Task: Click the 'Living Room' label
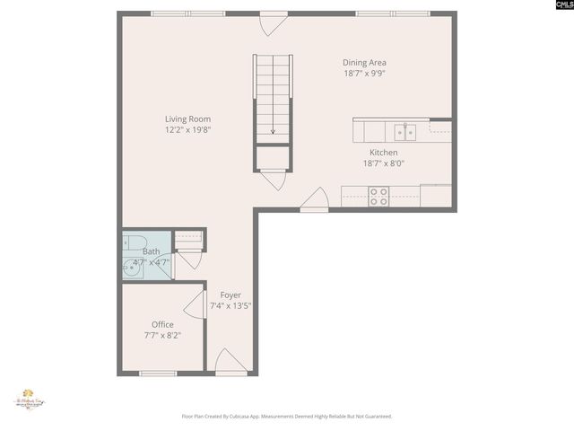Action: click(x=187, y=119)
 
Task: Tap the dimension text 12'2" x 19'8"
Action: click(x=187, y=130)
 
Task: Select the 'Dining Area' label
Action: click(x=365, y=62)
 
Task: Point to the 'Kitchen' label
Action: click(x=384, y=153)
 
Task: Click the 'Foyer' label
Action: click(x=230, y=295)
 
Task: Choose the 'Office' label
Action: click(x=162, y=324)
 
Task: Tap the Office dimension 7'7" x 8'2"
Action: click(x=162, y=335)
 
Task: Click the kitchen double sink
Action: click(x=405, y=132)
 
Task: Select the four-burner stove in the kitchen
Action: click(x=378, y=196)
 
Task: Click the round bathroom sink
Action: click(x=133, y=267)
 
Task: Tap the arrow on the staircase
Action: click(x=273, y=128)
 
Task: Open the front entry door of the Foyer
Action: click(x=230, y=363)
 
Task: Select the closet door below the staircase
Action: click(x=273, y=178)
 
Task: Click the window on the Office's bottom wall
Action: click(x=158, y=373)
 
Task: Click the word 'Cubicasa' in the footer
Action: click(x=250, y=417)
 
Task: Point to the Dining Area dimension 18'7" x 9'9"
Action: click(x=365, y=74)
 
